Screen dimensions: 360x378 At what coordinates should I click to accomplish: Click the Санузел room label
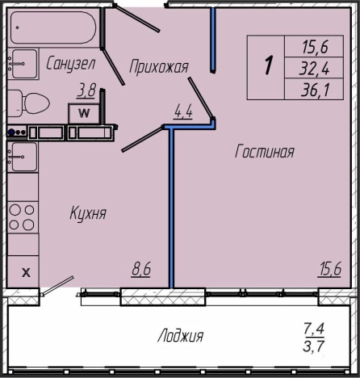pyautogui.click(x=71, y=64)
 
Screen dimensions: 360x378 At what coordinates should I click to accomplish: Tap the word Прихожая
pyautogui.click(x=159, y=66)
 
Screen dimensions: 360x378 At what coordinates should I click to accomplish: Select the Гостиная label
pyautogui.click(x=265, y=151)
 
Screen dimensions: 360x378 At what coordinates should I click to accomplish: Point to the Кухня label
pyautogui.click(x=88, y=213)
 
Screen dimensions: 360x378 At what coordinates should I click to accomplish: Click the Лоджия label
pyautogui.click(x=180, y=336)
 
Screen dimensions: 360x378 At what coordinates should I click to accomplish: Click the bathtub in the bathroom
pyautogui.click(x=53, y=27)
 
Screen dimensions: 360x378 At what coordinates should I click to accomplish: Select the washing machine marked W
pyautogui.click(x=84, y=113)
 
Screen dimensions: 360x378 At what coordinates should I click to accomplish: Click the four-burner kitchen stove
pyautogui.click(x=23, y=217)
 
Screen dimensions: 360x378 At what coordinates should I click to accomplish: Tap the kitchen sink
pyautogui.click(x=23, y=157)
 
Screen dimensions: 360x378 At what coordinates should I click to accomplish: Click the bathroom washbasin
pyautogui.click(x=23, y=64)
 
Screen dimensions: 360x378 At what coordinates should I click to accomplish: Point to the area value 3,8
pyautogui.click(x=86, y=90)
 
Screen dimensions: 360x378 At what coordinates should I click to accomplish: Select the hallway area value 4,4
pyautogui.click(x=183, y=111)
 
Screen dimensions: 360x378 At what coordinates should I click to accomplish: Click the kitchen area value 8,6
pyautogui.click(x=141, y=269)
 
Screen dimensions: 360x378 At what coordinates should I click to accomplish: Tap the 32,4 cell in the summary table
pyautogui.click(x=314, y=69)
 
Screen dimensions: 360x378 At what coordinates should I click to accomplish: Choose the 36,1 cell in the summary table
pyautogui.click(x=314, y=90)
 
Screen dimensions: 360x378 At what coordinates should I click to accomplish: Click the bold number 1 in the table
pyautogui.click(x=268, y=65)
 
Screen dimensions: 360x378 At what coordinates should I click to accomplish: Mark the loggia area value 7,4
pyautogui.click(x=314, y=329)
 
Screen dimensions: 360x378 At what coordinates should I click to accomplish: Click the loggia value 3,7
pyautogui.click(x=314, y=346)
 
